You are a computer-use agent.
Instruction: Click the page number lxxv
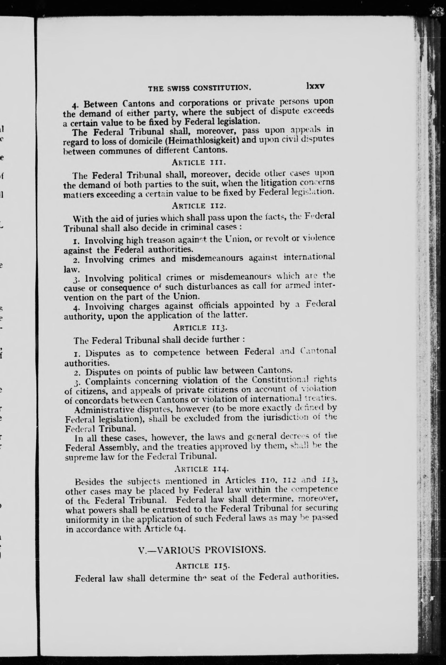click(x=315, y=86)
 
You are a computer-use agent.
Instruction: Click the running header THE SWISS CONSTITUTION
click(x=200, y=88)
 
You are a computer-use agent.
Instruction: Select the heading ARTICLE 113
click(x=200, y=328)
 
